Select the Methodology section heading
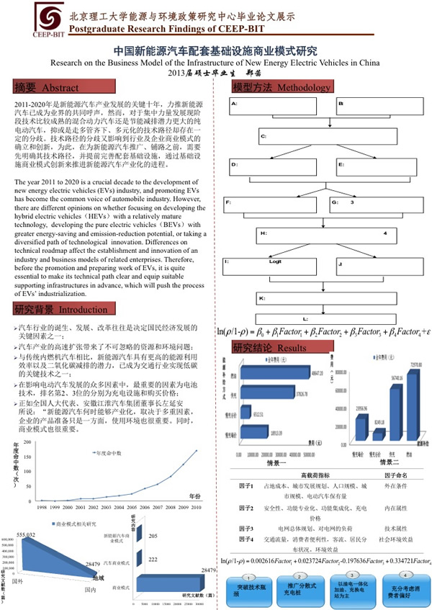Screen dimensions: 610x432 tap(273, 87)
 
